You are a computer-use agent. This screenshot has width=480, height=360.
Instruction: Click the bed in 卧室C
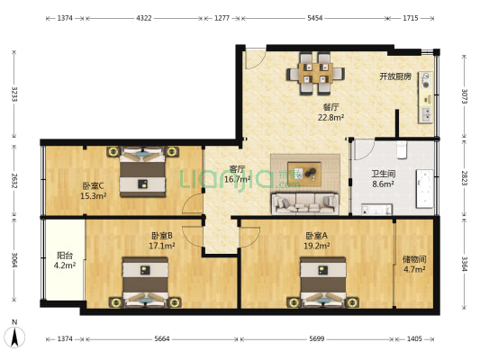140,172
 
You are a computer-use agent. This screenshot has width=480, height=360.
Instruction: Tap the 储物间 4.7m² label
414,264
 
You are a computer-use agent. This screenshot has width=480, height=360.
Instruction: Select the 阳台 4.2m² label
64,260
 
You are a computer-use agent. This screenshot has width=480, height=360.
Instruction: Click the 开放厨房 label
394,76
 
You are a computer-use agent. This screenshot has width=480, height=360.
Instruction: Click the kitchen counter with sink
424,97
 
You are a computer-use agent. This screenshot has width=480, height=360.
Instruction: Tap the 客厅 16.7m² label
237,174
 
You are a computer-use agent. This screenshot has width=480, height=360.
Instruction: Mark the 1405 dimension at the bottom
414,338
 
